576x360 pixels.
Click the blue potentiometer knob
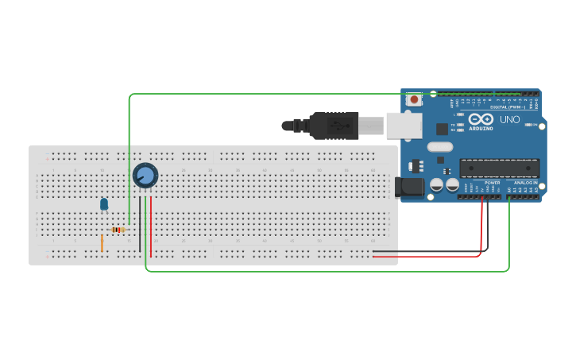click(x=145, y=176)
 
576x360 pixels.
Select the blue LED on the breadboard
click(x=104, y=204)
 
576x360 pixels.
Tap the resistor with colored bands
click(x=118, y=230)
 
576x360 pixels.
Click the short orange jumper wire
click(x=102, y=242)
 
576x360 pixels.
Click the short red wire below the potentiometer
click(x=151, y=226)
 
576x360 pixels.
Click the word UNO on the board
click(x=509, y=120)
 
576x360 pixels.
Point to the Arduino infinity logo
click(x=481, y=119)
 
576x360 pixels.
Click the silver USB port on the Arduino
click(x=405, y=125)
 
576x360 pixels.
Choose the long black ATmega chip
click(x=499, y=168)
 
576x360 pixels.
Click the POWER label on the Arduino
click(x=492, y=183)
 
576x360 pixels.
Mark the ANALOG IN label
click(x=525, y=183)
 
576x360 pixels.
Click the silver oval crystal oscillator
click(x=439, y=146)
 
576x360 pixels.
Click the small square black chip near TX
click(x=442, y=129)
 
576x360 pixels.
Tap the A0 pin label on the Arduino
click(x=509, y=190)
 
